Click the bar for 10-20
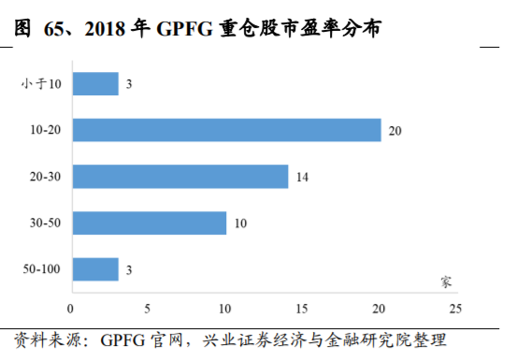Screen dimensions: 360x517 pyautogui.click(x=225, y=130)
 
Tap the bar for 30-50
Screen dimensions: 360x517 pyautogui.click(x=149, y=223)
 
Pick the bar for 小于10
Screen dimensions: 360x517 pyautogui.click(x=94, y=84)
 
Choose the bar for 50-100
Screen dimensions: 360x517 pyautogui.click(x=94, y=269)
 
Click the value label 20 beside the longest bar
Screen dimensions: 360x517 pyautogui.click(x=395, y=130)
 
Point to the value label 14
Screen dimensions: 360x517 pyautogui.click(x=302, y=176)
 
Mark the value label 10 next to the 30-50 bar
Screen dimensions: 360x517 pyautogui.click(x=240, y=223)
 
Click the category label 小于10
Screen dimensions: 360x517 pyautogui.click(x=41, y=84)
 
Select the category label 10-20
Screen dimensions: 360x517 pyautogui.click(x=44, y=130)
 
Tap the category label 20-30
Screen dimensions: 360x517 pyautogui.click(x=44, y=176)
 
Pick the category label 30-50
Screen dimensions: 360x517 pyautogui.click(x=44, y=223)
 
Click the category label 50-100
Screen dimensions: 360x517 pyautogui.click(x=41, y=269)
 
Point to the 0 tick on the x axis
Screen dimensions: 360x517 pyautogui.click(x=71, y=307)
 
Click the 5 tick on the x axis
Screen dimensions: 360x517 pyautogui.click(x=148, y=307)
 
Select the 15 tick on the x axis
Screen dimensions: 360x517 pyautogui.click(x=302, y=307)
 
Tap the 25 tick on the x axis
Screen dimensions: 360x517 pyautogui.click(x=455, y=307)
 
